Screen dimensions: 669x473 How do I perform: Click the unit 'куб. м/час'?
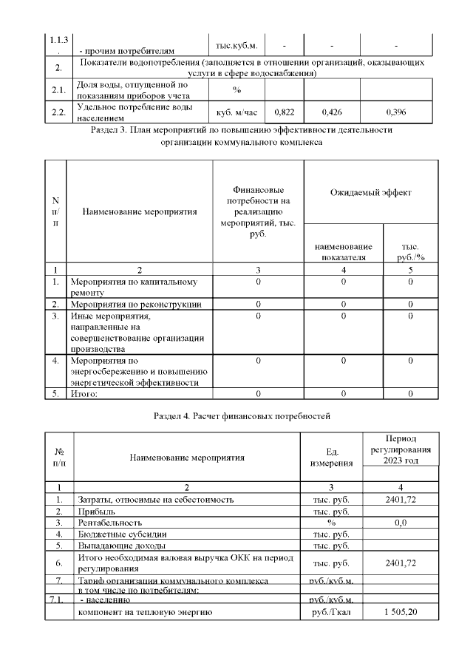pyautogui.click(x=236, y=112)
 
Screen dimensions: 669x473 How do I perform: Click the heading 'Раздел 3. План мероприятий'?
pyautogui.click(x=241, y=130)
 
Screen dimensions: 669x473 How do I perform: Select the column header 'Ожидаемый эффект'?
pyautogui.click(x=370, y=193)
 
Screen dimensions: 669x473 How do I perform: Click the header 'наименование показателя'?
pyautogui.click(x=344, y=251)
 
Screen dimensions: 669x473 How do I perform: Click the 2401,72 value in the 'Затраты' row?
pyautogui.click(x=400, y=500)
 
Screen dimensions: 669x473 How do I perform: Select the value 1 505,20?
pyautogui.click(x=400, y=613)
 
